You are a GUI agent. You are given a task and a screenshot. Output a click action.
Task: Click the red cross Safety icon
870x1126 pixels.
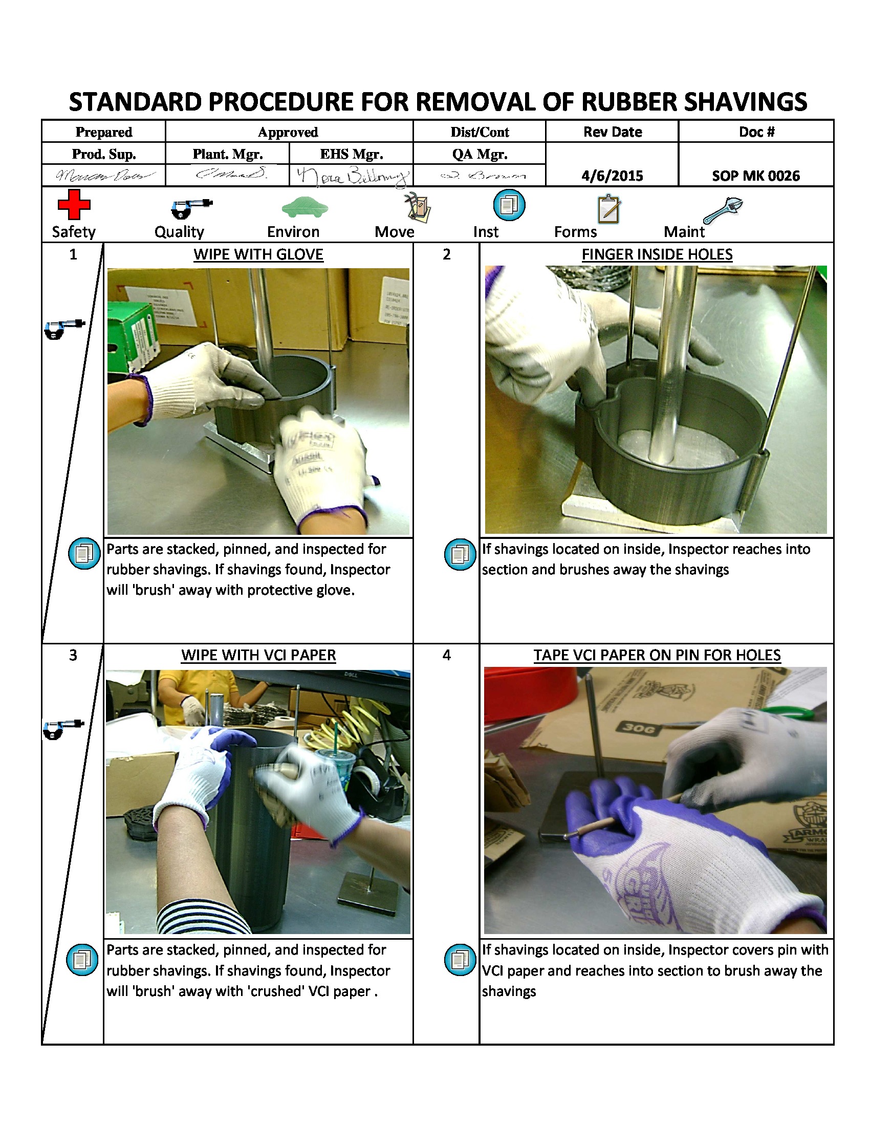point(74,205)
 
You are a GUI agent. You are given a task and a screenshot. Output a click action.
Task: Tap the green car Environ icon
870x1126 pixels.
point(304,207)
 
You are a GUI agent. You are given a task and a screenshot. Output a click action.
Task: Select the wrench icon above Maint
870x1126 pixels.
point(723,210)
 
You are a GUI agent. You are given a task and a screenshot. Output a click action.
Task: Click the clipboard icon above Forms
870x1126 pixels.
point(608,209)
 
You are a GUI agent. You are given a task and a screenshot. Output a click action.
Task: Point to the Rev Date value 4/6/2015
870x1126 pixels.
point(612,176)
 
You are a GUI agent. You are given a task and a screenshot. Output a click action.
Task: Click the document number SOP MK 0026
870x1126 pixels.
point(755,176)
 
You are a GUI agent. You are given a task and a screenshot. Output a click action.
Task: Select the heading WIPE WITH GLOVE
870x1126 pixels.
point(258,254)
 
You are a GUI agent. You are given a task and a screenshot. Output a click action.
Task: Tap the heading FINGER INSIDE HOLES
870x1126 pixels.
point(657,254)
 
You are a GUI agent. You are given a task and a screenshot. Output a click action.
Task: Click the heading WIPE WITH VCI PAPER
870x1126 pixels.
point(258,655)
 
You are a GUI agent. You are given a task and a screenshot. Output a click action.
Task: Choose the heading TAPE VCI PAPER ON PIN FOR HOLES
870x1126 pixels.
point(657,655)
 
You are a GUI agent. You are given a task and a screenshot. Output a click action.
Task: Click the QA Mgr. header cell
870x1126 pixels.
point(480,154)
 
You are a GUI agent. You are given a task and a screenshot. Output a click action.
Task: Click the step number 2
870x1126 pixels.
point(446,254)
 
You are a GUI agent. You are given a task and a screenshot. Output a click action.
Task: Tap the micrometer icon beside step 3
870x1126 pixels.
point(63,728)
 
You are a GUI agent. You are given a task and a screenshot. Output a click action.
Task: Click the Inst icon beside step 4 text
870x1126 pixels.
point(460,960)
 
